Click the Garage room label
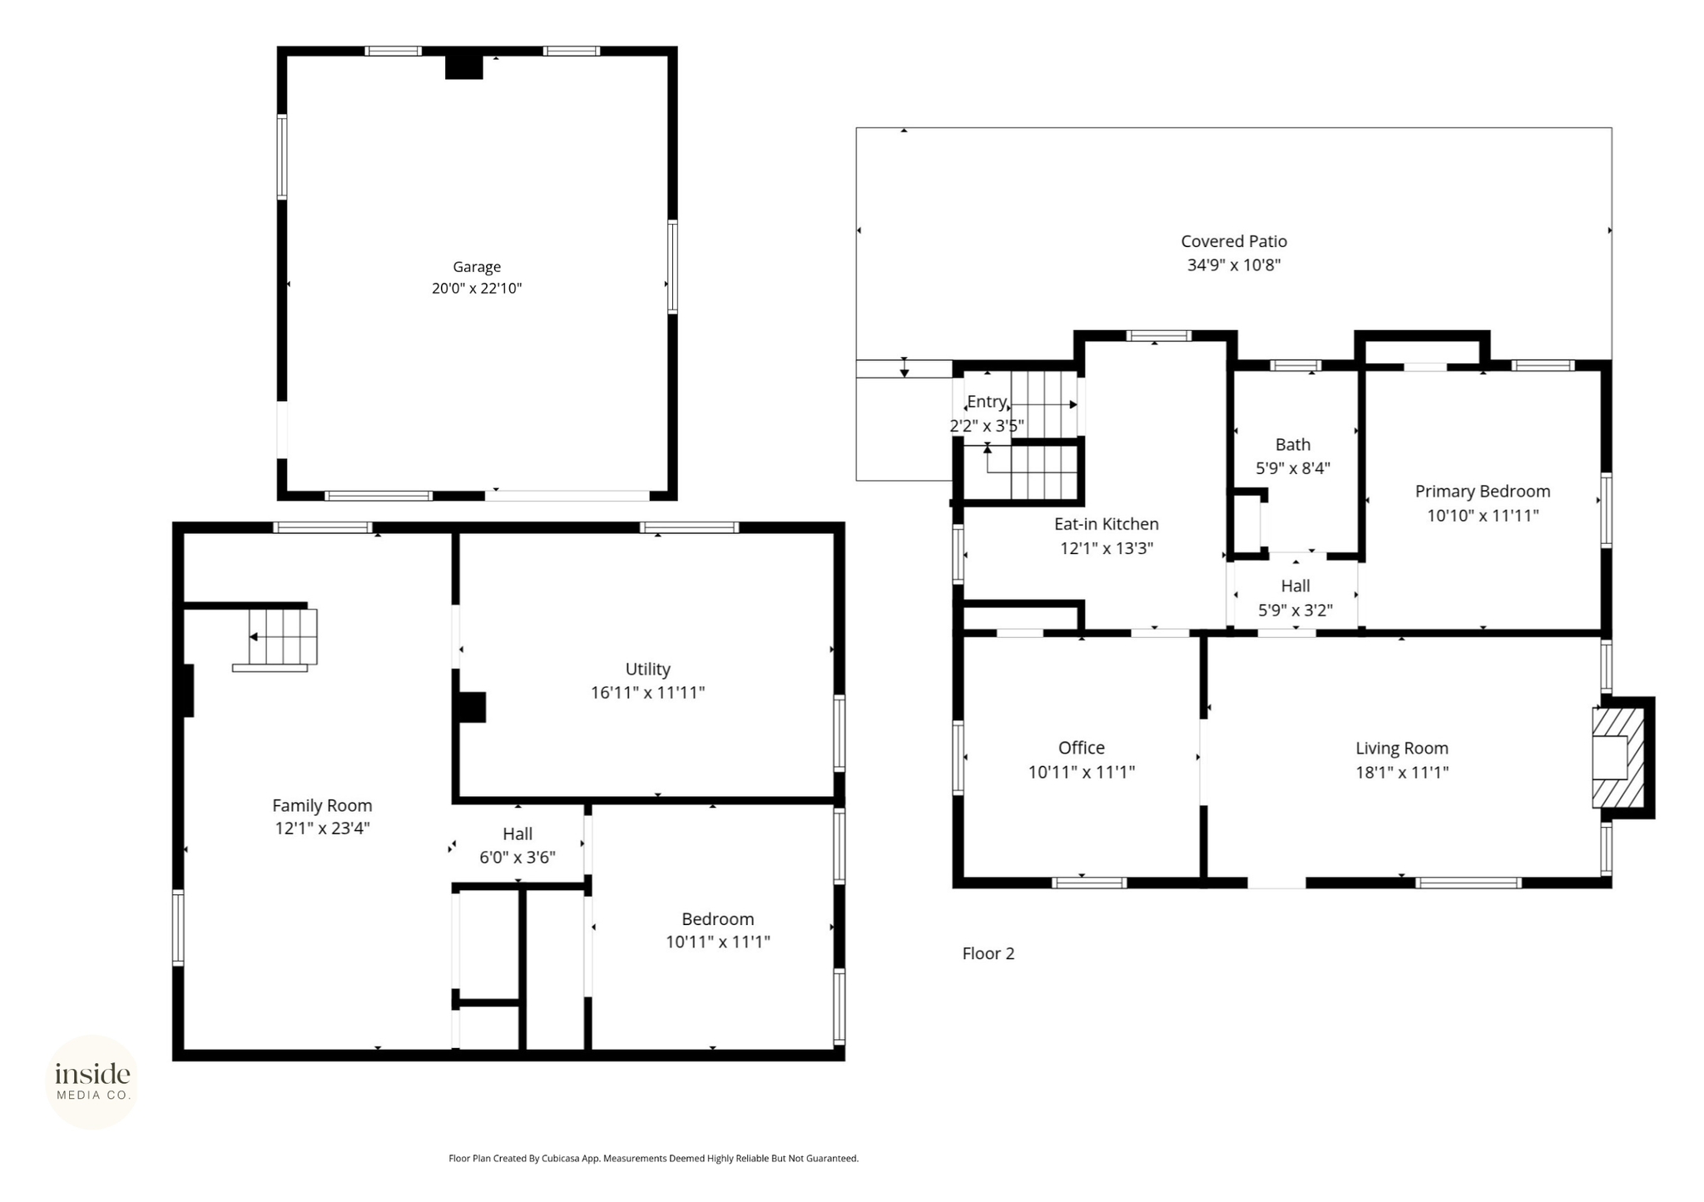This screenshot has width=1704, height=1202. pos(477,267)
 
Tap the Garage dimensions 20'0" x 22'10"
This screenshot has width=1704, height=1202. pos(477,289)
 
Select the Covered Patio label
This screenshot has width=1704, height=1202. pos(1234,241)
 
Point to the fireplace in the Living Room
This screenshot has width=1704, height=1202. pos(1618,757)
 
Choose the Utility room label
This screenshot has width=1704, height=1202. pos(647,669)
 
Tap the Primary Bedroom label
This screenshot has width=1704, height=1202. pos(1483,492)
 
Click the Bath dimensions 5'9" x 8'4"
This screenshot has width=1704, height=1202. pos(1293,468)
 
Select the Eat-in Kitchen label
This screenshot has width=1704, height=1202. pos(1107,524)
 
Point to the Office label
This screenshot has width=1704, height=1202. pos(1082,748)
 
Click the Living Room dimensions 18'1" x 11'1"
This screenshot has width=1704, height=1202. pos(1402,772)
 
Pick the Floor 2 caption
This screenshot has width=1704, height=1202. pos(988,953)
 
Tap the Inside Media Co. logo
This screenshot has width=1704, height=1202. pos(92,1082)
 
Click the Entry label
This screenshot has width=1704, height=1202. pos(987,402)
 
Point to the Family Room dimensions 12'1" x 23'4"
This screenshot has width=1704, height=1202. pos(322,829)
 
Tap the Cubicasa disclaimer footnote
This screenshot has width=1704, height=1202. pos(653,1158)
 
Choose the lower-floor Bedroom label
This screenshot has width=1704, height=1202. pos(717,919)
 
